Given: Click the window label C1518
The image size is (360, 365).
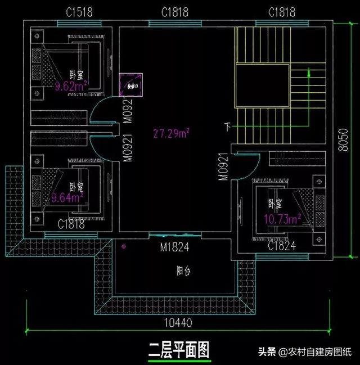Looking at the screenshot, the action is [79, 12].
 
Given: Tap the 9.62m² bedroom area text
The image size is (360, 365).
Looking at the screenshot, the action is [69, 87].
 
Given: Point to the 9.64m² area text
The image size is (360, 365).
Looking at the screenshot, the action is [67, 197].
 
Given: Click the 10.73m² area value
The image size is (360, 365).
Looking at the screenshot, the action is [285, 218].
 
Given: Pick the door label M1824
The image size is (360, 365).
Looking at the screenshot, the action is [173, 246].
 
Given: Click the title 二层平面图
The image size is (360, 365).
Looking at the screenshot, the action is [178, 350].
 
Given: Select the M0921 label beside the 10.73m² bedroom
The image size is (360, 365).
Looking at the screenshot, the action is [223, 166].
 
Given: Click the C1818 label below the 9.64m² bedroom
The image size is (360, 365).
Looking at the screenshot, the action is [71, 224].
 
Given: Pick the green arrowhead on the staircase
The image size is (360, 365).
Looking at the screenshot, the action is [309, 71].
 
